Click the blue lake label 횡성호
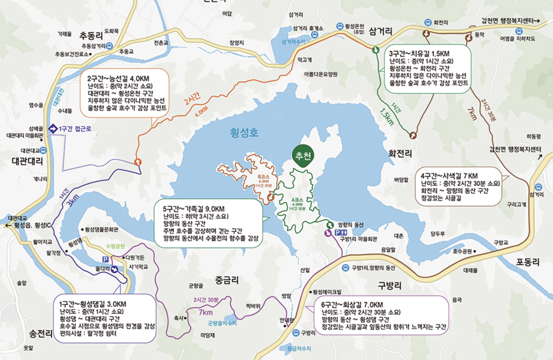(x=244, y=132)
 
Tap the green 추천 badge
(x=303, y=156)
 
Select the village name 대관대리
(x=27, y=161)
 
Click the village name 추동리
(x=91, y=35)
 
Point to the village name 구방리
(x=390, y=286)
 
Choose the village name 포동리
(x=528, y=262)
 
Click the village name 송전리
(x=41, y=334)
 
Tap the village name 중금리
(x=227, y=280)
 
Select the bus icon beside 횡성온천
(x=340, y=26)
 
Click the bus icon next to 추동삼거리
(x=109, y=46)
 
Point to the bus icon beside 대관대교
(x=43, y=150)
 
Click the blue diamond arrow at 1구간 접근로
(x=53, y=129)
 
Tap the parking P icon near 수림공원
(x=105, y=259)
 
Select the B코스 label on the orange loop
(x=264, y=177)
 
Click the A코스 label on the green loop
(x=297, y=200)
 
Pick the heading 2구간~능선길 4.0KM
(x=118, y=79)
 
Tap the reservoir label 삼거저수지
(x=293, y=42)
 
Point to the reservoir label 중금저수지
(x=299, y=349)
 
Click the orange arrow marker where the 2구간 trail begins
(x=138, y=162)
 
